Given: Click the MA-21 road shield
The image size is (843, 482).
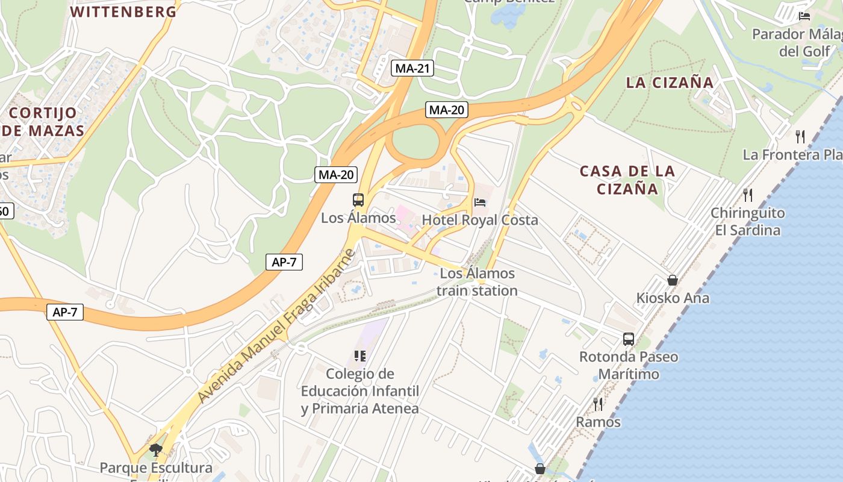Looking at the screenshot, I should pyautogui.click(x=412, y=68).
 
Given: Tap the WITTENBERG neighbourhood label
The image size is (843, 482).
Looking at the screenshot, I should pyautogui.click(x=124, y=11).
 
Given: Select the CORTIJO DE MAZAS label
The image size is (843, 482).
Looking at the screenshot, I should pyautogui.click(x=43, y=121).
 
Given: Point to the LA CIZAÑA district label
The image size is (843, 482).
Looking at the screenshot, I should pyautogui.click(x=670, y=83).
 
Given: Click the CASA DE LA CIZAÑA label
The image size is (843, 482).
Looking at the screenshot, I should pyautogui.click(x=627, y=180).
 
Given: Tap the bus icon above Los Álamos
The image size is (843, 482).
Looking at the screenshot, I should pyautogui.click(x=358, y=200).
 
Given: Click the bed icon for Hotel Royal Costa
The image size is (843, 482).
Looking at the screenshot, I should pyautogui.click(x=480, y=202).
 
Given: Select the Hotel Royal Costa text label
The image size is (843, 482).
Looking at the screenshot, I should pyautogui.click(x=480, y=220).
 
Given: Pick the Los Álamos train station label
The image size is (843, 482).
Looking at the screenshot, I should pyautogui.click(x=477, y=282).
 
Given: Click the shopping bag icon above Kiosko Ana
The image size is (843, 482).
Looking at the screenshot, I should pyautogui.click(x=673, y=280).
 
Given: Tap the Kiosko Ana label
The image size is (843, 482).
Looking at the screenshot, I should pyautogui.click(x=673, y=298).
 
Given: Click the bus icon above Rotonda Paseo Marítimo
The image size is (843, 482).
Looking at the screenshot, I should pyautogui.click(x=629, y=339).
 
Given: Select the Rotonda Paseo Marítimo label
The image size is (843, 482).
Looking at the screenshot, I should pyautogui.click(x=629, y=365).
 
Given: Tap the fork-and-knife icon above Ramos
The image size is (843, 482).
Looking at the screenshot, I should pyautogui.click(x=598, y=404).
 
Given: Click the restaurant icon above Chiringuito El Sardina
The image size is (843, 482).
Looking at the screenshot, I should pyautogui.click(x=748, y=195).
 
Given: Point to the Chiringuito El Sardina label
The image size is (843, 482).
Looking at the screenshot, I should pyautogui.click(x=748, y=221).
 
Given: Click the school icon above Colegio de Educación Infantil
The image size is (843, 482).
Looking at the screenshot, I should pyautogui.click(x=360, y=356).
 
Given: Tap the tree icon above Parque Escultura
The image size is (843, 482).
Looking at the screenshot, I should pyautogui.click(x=156, y=449).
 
